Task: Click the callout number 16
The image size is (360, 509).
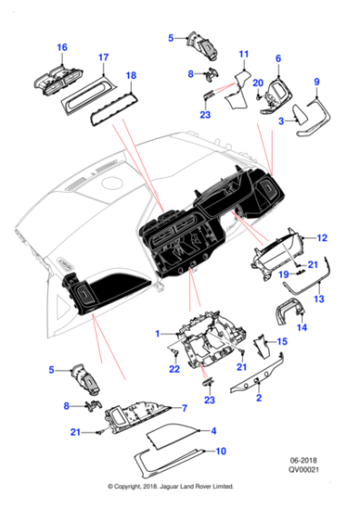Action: (x=62, y=47)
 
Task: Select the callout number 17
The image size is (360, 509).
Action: (x=104, y=57)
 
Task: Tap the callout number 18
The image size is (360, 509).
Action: (x=131, y=75)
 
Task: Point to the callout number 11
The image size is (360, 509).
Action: (x=244, y=54)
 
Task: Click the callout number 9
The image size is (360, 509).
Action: (x=317, y=82)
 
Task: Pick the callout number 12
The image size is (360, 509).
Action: (x=322, y=238)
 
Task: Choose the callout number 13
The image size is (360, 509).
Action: (x=319, y=299)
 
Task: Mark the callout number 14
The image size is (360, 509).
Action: (x=302, y=327)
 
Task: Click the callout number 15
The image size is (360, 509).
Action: (x=282, y=342)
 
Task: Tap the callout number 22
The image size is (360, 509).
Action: (x=175, y=369)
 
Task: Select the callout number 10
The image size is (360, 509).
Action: (x=221, y=451)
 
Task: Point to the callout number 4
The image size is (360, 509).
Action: (x=214, y=431)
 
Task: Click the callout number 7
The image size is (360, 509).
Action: (x=185, y=408)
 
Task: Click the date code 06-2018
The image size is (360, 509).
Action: (x=304, y=460)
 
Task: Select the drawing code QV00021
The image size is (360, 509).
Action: (x=304, y=469)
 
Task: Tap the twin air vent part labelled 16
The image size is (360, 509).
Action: (x=58, y=80)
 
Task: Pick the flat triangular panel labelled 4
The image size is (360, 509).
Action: (x=172, y=438)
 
